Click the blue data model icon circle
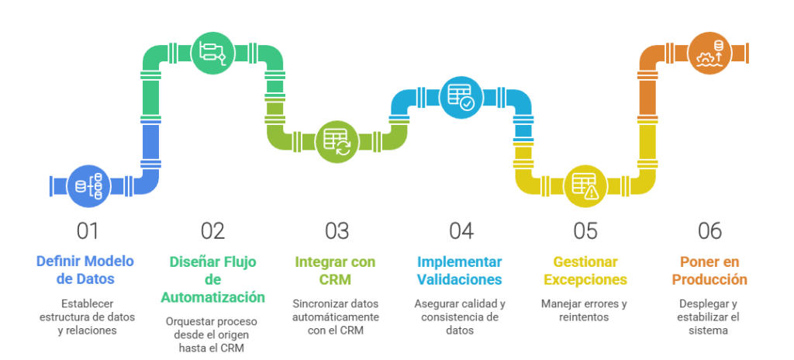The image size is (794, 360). tap(88, 185)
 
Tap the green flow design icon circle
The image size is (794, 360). tap(212, 52)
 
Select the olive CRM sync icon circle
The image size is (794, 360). tap(337, 141)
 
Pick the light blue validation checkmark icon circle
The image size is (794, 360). tap(461, 98)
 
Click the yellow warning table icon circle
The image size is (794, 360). tap(585, 185)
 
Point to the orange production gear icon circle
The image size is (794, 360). tap(709, 52)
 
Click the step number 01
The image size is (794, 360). tap(88, 230)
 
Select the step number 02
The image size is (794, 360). tap(212, 230)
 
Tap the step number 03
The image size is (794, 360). tap(337, 230)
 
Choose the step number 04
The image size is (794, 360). tap(461, 230)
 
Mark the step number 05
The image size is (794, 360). tap(585, 230)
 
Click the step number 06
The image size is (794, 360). tap(709, 230)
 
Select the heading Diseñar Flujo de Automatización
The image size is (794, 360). tap(212, 279)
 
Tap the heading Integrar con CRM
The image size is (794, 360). tap(337, 269)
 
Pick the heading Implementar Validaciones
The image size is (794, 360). tap(461, 269)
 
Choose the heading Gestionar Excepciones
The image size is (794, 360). tap(585, 269)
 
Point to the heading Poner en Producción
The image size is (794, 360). tap(709, 269)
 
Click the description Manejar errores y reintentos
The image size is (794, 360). tap(585, 310)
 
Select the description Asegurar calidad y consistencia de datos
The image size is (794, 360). tap(461, 317)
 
